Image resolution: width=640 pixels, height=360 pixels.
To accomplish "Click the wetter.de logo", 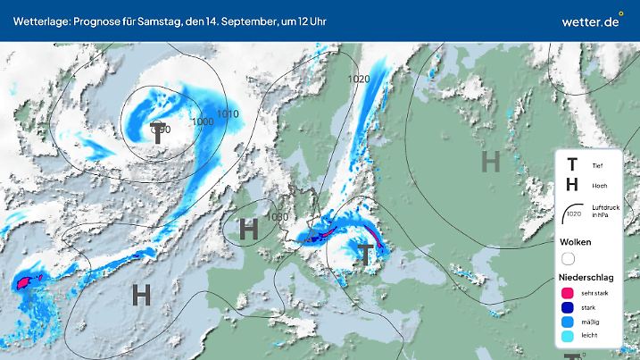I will (x=590, y=20).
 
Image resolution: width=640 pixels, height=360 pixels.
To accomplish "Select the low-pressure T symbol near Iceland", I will (x=158, y=133).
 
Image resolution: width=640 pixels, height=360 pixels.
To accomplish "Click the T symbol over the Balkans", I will (x=366, y=253).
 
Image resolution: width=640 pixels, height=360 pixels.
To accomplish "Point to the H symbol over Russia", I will (x=490, y=162).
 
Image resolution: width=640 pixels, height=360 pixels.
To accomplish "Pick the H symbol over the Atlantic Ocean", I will (x=141, y=294).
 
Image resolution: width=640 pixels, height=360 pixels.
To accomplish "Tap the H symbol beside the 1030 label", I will (x=249, y=229).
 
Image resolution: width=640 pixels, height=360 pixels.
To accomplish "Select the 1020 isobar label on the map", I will (x=359, y=80).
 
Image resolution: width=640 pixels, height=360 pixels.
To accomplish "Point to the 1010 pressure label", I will (x=228, y=114).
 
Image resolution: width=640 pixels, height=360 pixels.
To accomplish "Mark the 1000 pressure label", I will (x=203, y=121).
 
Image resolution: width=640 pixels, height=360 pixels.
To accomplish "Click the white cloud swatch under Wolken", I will (x=569, y=258).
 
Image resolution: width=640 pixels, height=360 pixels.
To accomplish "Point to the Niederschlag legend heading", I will (x=584, y=277).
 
